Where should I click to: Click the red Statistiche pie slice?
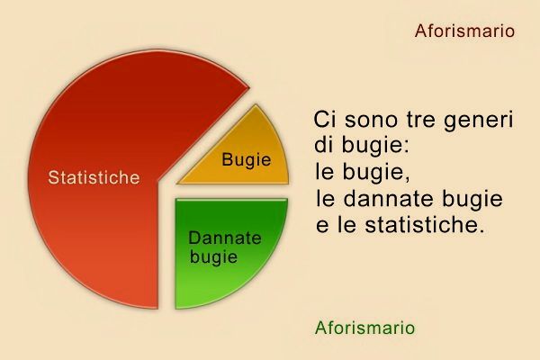point(90,225)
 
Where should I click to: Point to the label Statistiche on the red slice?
point(94,177)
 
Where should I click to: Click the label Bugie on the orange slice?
point(246,159)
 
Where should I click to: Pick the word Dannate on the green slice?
point(225,238)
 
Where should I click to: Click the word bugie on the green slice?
point(214,257)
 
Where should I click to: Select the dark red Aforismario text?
point(464,31)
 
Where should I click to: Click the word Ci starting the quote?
point(324,120)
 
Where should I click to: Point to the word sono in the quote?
point(370,120)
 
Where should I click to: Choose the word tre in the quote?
point(422,120)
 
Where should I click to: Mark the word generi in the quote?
point(480,121)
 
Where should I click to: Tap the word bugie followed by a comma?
point(369,172)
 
